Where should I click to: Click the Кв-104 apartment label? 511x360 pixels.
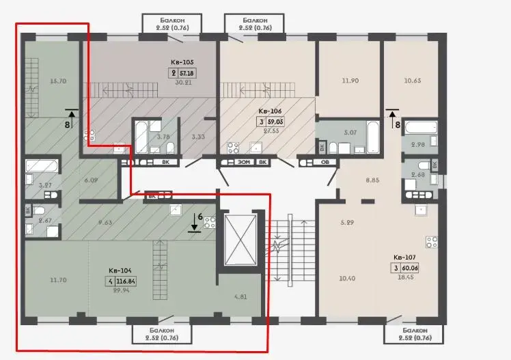tap(120, 271)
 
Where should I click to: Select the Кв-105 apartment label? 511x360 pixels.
tap(182, 62)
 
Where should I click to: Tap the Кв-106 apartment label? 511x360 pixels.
tap(270, 111)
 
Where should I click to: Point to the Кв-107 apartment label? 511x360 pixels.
tap(404, 258)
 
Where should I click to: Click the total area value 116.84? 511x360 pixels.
tap(126, 281)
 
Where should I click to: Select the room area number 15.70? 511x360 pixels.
tap(58, 81)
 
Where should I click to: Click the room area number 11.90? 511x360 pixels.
tap(350, 81)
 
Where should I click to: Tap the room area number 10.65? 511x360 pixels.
tap(413, 81)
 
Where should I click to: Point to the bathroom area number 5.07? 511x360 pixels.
tap(350, 133)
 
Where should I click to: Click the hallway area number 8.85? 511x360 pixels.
tap(372, 180)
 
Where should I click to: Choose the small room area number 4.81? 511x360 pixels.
tap(240, 296)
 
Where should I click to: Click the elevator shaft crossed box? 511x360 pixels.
tap(240, 240)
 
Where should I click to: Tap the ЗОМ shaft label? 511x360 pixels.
tap(244, 162)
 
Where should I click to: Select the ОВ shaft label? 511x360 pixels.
tap(325, 162)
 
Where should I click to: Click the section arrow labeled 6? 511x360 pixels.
tap(194, 223)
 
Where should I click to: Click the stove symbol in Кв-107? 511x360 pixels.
tap(432, 242)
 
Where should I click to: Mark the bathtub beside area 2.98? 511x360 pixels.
tap(421, 127)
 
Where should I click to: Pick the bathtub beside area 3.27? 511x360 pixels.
tap(42, 166)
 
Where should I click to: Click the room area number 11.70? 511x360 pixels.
tap(58, 280)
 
